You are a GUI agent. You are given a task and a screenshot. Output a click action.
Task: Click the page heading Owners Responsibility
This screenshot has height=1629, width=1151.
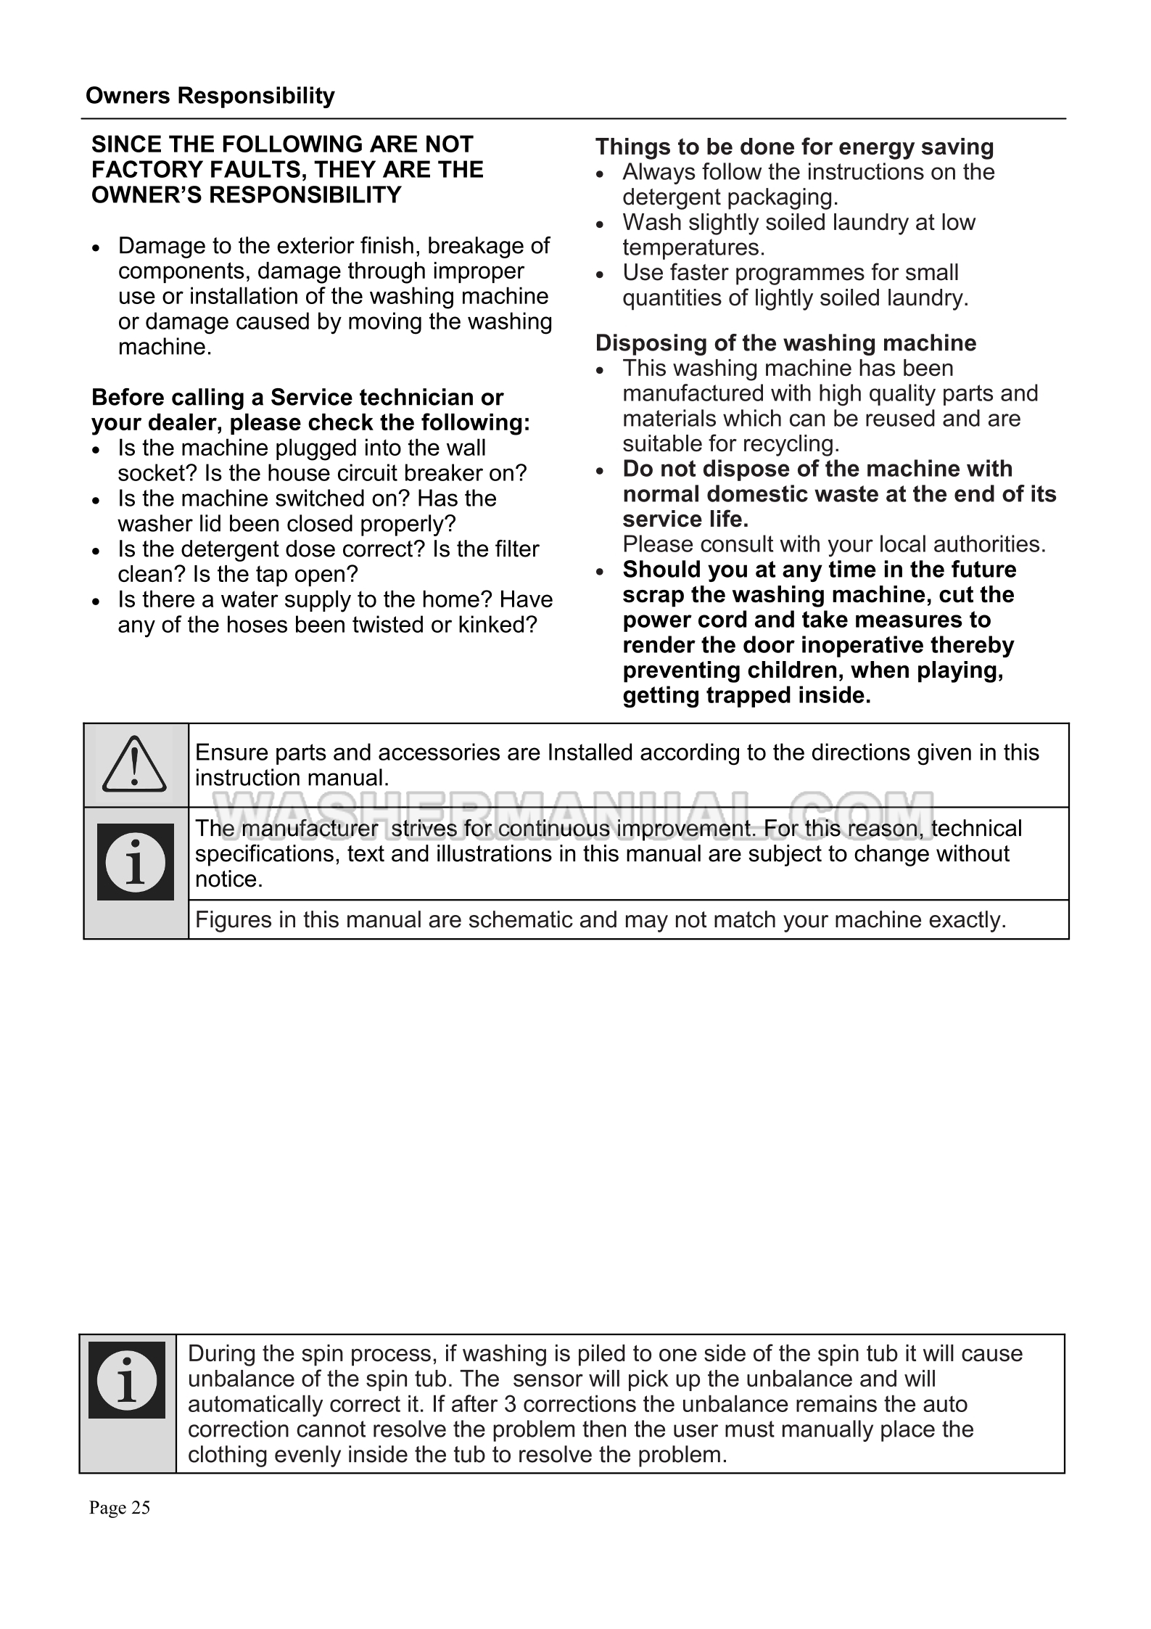pos(210,96)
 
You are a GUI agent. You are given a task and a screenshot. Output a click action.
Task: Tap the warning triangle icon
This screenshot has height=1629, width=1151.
pos(135,764)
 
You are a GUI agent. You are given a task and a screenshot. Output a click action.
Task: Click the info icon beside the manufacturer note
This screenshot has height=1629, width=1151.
pos(136,862)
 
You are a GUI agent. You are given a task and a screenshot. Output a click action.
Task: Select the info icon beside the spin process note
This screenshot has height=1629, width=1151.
pos(127,1379)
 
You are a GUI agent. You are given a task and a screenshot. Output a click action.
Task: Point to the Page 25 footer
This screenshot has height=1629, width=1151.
pos(120,1508)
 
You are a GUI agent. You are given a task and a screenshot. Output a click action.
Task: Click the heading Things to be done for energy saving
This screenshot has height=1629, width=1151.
pos(794,147)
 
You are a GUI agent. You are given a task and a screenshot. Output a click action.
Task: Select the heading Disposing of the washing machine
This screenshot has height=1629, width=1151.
pos(785,342)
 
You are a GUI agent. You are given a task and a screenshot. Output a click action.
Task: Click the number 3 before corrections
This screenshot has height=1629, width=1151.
pos(510,1404)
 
